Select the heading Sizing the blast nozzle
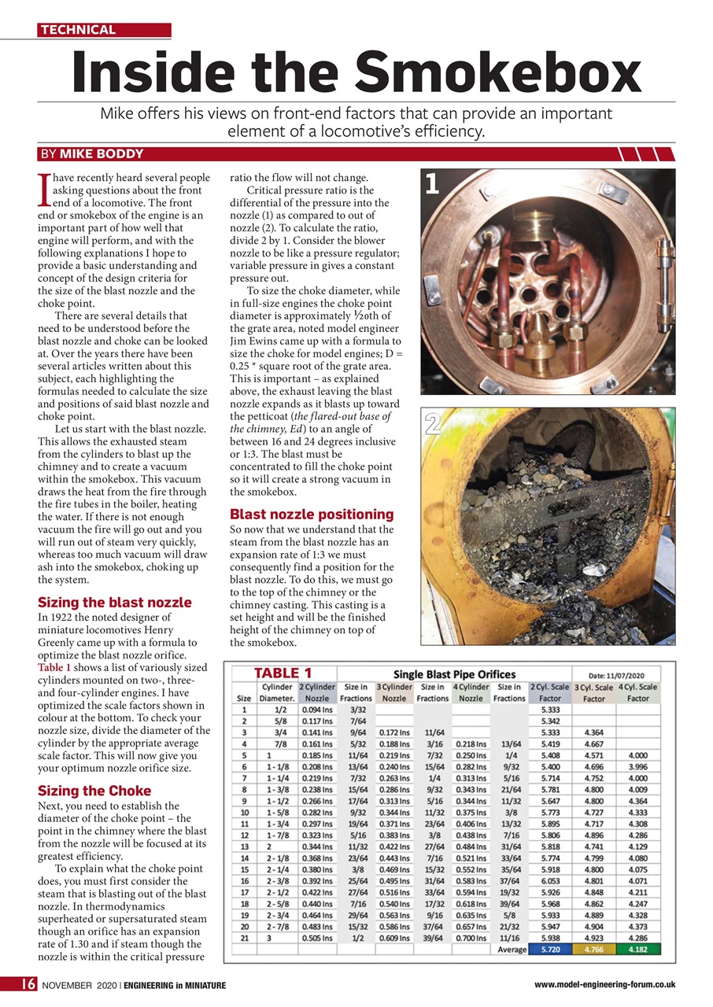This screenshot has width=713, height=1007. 114,603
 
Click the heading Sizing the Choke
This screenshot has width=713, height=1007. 94,791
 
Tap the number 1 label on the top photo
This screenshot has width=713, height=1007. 432,184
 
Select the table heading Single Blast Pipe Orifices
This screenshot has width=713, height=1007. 454,674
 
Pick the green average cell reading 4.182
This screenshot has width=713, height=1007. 637,950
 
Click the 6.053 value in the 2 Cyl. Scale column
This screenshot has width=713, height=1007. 549,882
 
